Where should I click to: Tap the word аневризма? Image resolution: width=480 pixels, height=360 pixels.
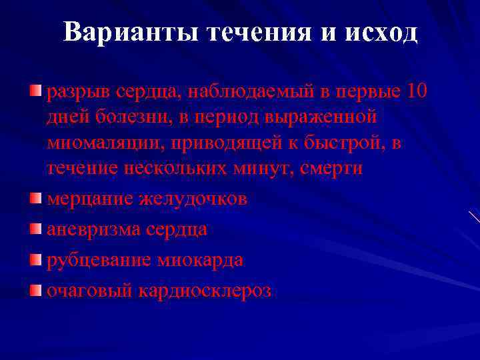[x=91, y=229]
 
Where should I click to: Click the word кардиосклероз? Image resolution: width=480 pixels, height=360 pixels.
[x=205, y=291]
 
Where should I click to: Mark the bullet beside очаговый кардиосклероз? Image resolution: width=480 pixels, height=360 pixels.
[x=35, y=291]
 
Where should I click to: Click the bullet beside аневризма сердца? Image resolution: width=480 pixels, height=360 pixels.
[x=35, y=229]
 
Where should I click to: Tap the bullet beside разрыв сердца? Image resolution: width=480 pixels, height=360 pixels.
[x=35, y=91]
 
